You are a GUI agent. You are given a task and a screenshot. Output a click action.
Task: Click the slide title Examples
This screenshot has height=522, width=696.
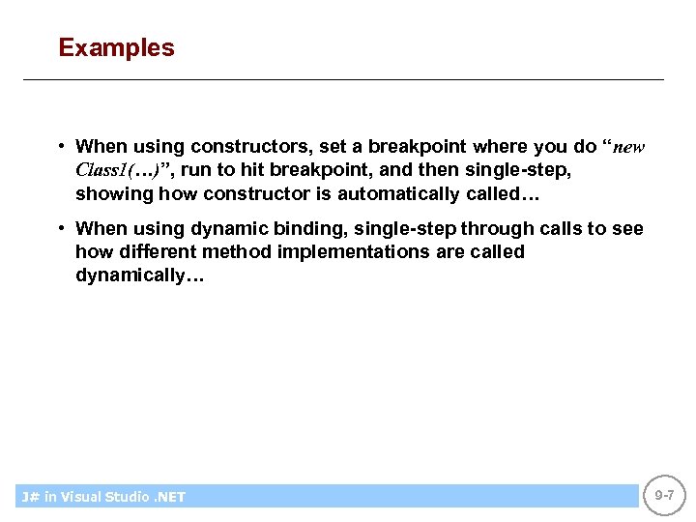click(x=116, y=47)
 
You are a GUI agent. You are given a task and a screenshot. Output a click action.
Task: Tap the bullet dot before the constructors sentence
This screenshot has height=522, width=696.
click(x=61, y=147)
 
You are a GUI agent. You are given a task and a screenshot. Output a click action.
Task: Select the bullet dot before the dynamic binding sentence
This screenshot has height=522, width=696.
click(x=61, y=228)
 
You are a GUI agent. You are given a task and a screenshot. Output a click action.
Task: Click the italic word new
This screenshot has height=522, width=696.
click(x=629, y=147)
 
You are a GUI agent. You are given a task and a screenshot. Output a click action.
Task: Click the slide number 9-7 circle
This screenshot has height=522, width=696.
click(x=664, y=495)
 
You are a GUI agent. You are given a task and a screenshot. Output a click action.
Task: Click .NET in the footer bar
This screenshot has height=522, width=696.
click(x=168, y=497)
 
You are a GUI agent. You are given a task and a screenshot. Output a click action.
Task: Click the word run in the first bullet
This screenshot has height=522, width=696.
click(x=196, y=170)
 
